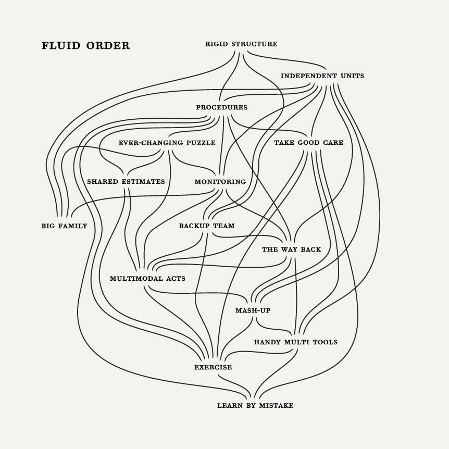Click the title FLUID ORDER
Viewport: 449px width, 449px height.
(85, 46)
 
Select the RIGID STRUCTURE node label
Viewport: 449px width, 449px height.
(241, 44)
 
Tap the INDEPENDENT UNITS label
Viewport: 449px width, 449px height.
(322, 76)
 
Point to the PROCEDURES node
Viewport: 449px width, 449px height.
(221, 108)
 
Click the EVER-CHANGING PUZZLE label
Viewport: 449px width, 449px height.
(167, 143)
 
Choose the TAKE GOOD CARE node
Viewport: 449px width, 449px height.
(308, 143)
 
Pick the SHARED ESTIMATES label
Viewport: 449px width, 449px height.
(126, 182)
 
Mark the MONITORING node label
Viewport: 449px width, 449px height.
(220, 182)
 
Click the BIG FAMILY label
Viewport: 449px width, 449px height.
(64, 226)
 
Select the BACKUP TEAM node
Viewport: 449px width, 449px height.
(207, 226)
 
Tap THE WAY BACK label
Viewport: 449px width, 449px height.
(291, 250)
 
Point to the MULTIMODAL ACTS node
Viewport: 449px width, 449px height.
(147, 279)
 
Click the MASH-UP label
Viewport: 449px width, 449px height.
(253, 311)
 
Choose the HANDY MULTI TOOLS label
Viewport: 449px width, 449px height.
(295, 342)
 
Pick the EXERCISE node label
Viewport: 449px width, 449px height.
(213, 367)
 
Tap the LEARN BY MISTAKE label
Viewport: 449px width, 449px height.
(255, 405)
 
